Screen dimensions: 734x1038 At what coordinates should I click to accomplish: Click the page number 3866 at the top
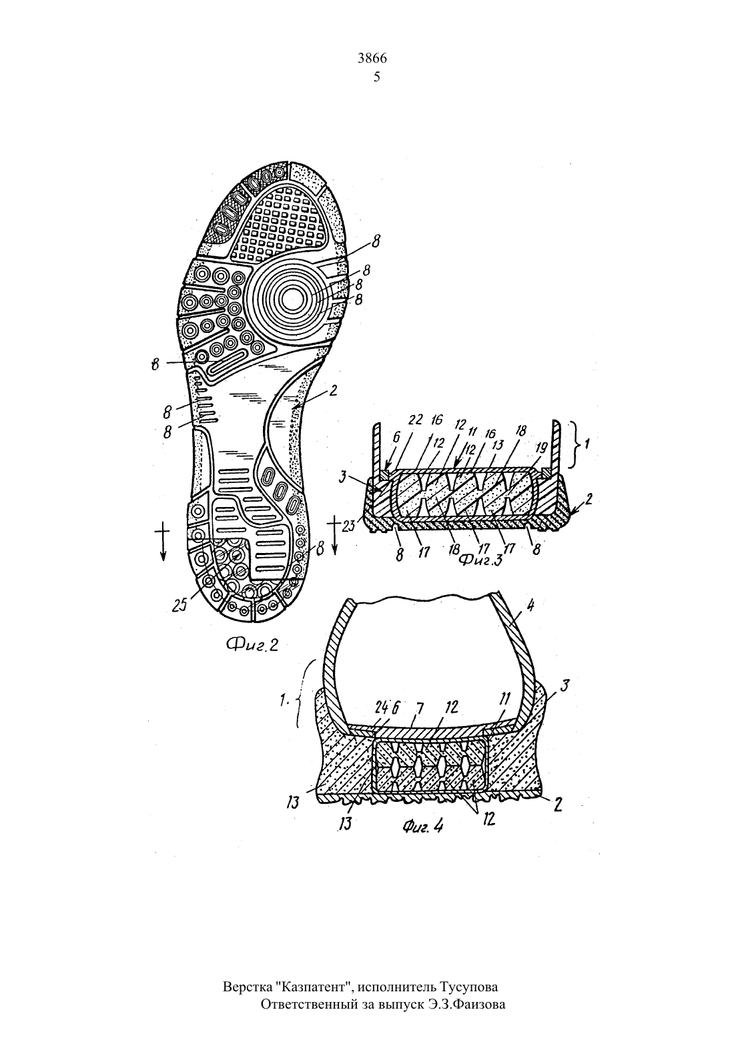click(x=372, y=59)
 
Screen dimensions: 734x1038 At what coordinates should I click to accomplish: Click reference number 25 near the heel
click(x=179, y=604)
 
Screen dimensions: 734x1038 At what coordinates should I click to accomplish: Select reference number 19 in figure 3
click(x=541, y=448)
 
